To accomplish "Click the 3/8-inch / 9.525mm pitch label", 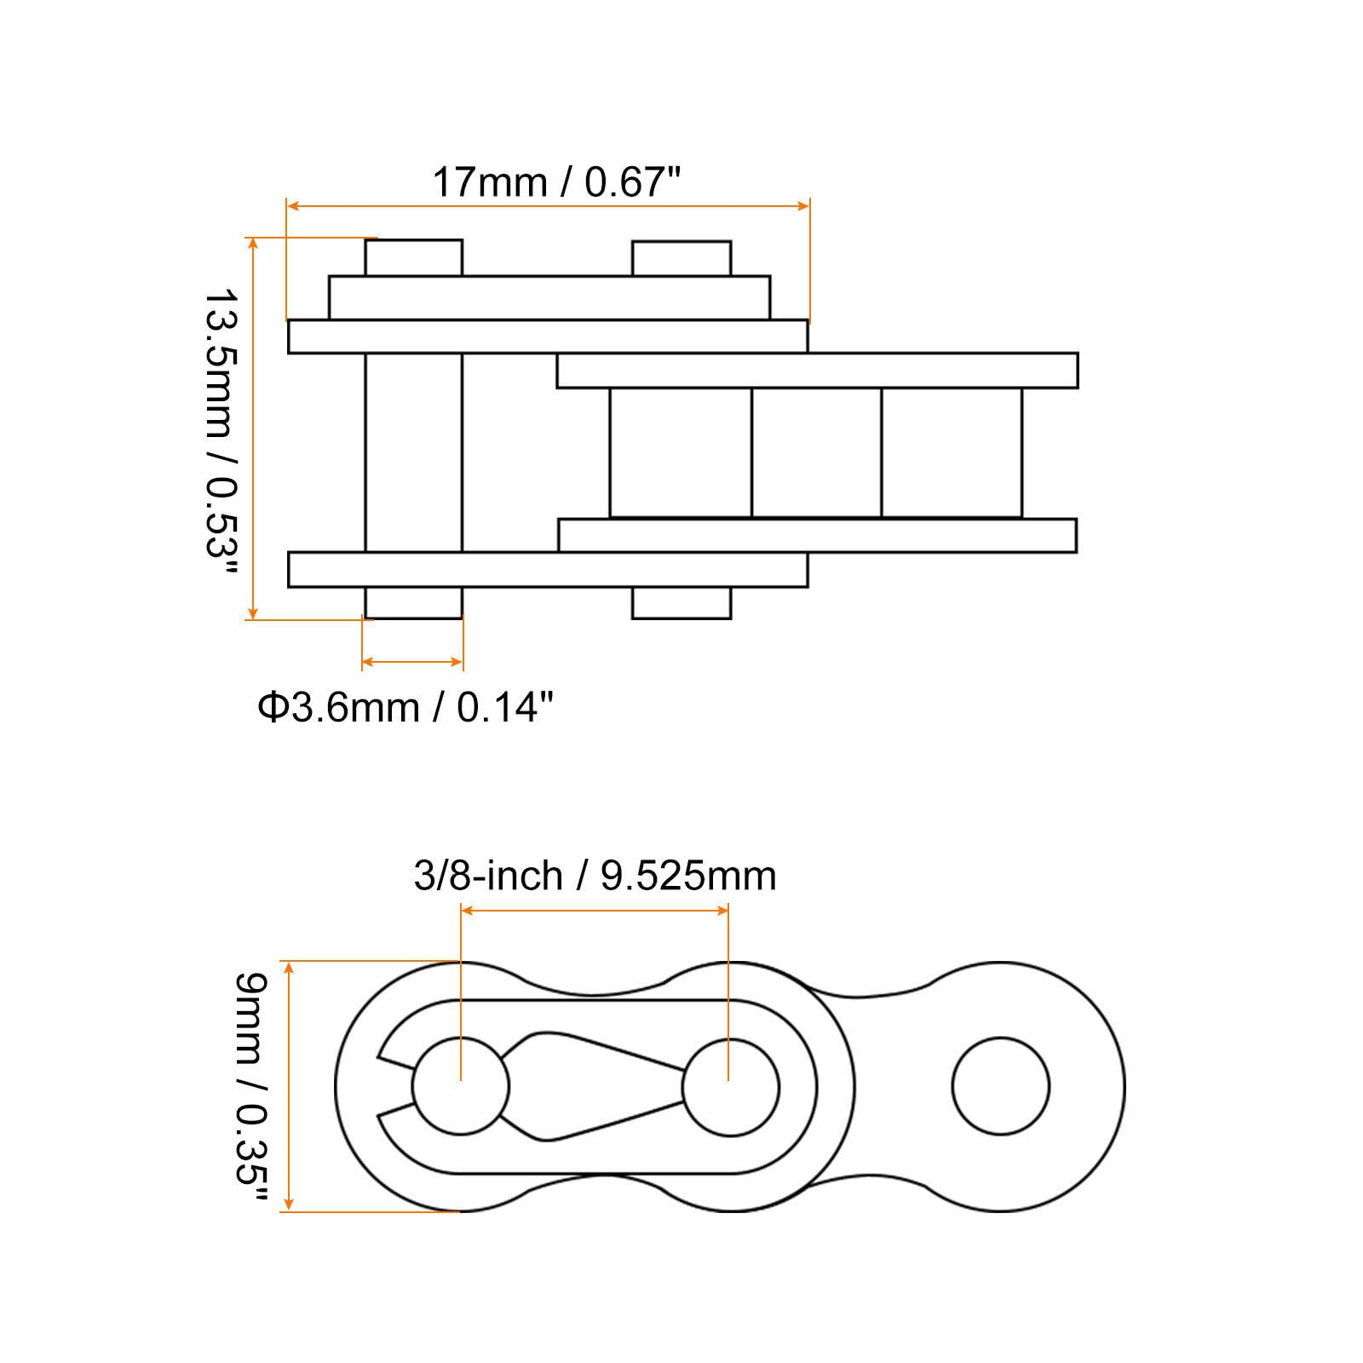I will pos(595,876).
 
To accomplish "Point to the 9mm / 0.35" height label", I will pos(251,1090).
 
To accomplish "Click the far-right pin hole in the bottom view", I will pos(1000,1086).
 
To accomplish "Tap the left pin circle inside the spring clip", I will pos(460,1086).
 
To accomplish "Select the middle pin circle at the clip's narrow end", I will pos(730,1086).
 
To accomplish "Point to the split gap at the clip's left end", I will pos(394,1086).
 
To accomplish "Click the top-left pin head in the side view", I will pos(414,257).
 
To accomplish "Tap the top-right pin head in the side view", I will pos(681,258).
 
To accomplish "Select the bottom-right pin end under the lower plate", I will pos(681,603).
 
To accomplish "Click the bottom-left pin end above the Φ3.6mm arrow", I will pos(414,603).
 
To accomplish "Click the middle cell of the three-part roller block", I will pos(816,452).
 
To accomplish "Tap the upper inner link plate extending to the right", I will pos(818,371).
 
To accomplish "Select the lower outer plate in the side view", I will pos(547,569).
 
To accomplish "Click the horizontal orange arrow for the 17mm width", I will pos(547,205).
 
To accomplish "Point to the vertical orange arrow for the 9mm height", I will pos(290,1086).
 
